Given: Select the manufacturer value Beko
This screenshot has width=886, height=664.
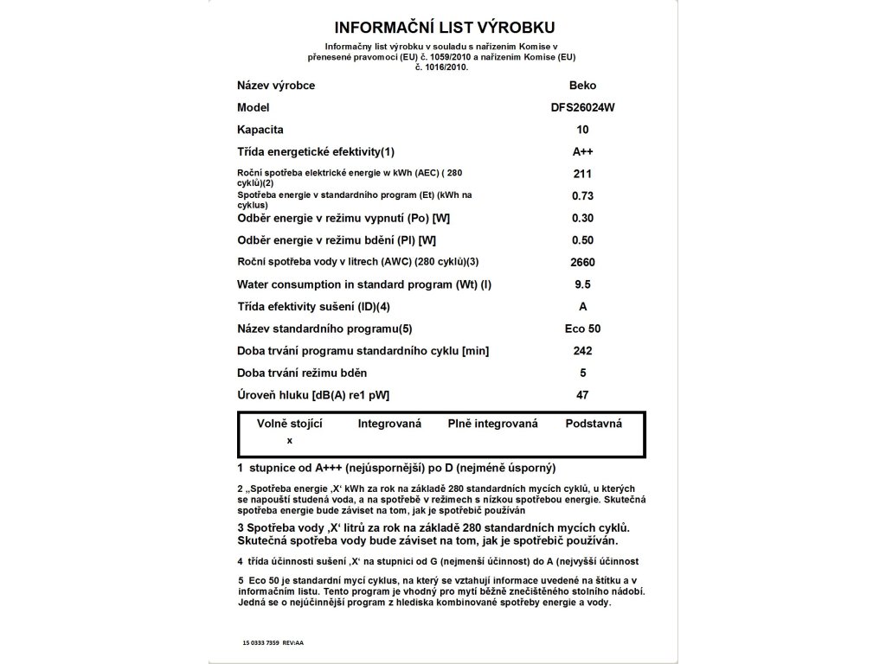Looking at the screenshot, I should pos(582,86).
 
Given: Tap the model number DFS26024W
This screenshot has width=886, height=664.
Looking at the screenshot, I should pos(582,108).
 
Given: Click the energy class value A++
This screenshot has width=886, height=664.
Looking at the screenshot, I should pos(582,152).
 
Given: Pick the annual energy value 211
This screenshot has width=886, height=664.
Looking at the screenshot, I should pos(582,174).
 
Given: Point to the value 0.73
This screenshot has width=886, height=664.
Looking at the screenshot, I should pos(582,196).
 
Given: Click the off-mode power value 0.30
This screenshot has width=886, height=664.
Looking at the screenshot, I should pos(582,218).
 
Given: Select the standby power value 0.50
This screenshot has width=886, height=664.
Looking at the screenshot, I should pos(582,240).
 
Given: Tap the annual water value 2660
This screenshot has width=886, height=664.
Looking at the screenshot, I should pos(582,262).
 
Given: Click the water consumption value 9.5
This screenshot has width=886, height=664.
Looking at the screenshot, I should pos(582,284).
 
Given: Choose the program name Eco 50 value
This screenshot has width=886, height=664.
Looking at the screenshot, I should pos(582,329).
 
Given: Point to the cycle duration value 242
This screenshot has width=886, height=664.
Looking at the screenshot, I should pos(582,351).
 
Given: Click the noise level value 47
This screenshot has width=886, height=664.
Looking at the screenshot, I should pos(582,395).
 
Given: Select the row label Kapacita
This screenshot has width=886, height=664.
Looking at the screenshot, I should pos(260,130).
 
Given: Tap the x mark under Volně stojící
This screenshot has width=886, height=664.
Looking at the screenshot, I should pos(290,440).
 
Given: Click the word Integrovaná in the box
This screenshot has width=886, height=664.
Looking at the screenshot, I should pos(389,424).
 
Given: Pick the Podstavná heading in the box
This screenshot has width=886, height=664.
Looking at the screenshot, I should pos(594,424).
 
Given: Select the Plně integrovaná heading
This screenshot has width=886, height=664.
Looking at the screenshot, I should pos(493,424).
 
